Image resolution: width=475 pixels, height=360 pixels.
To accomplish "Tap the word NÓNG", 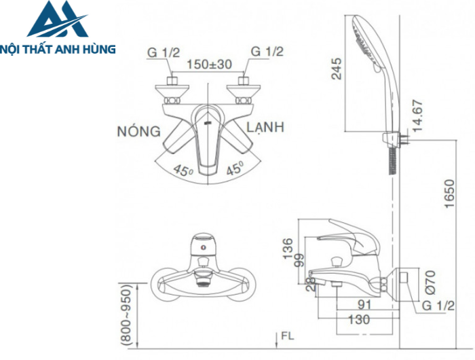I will point(138,130).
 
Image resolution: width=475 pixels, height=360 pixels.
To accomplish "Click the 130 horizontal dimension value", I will point(360,319).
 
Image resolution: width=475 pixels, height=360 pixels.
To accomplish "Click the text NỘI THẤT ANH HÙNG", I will point(58,49).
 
